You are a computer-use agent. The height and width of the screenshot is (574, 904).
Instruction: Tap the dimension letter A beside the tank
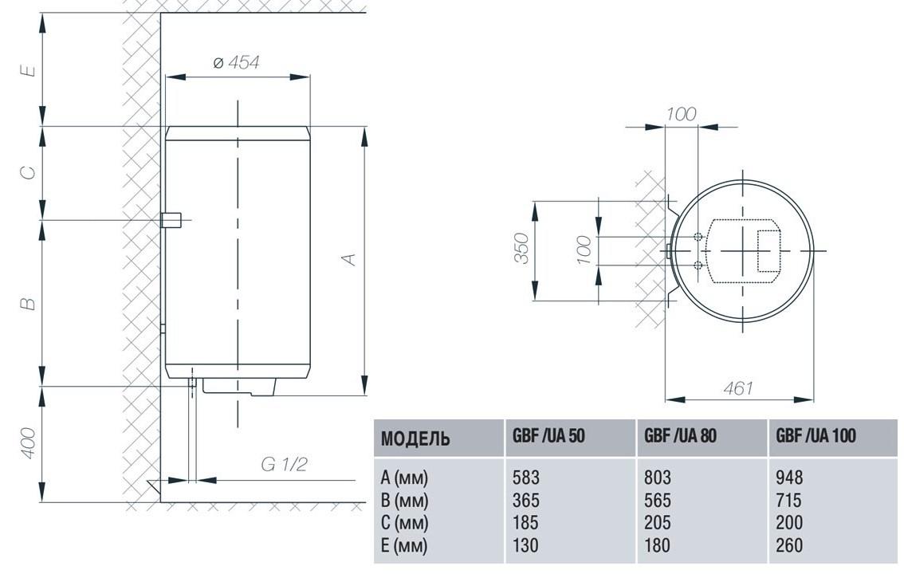coord(348,258)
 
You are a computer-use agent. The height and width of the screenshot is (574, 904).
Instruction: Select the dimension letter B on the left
coord(27,304)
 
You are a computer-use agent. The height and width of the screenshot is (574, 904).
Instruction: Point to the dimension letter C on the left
coord(27,171)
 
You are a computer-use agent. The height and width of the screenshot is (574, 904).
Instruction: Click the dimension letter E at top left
coord(27,70)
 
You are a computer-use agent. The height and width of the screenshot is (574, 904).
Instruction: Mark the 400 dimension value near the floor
coord(27,444)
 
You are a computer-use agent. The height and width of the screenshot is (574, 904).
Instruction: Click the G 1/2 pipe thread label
coord(284,465)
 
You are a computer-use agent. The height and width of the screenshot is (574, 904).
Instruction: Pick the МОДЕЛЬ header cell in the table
coord(415,438)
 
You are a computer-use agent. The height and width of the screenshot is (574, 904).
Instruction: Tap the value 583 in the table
coord(526,478)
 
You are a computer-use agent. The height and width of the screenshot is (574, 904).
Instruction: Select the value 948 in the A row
coord(789,478)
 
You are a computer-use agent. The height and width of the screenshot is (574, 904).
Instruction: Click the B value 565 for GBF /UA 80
coord(657,501)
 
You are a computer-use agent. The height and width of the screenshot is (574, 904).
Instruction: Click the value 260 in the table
coord(789,546)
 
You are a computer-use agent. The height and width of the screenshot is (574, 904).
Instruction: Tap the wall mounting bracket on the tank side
coord(171,219)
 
